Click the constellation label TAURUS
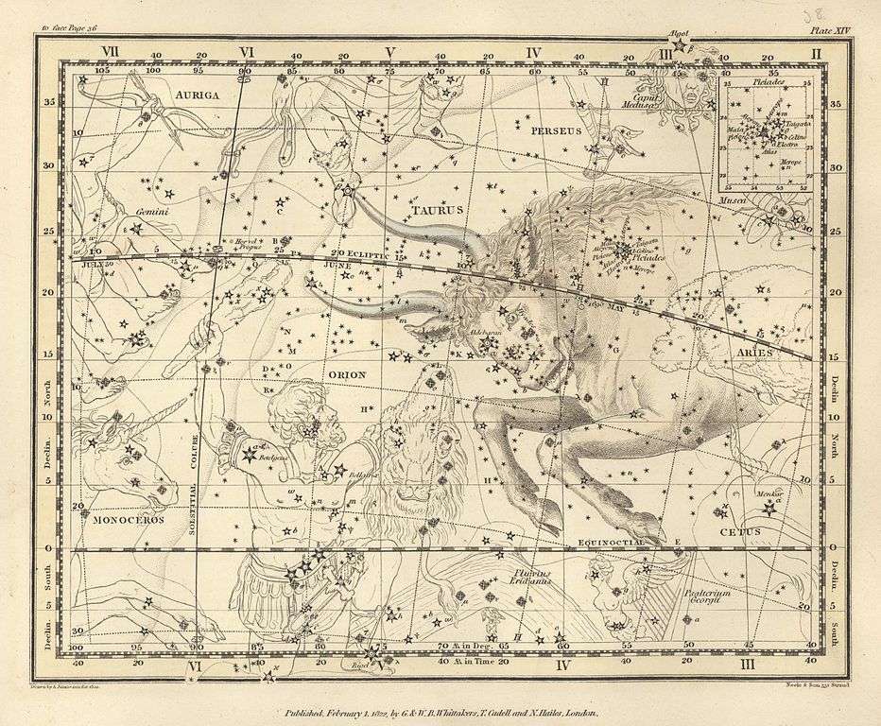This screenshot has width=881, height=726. [437, 210]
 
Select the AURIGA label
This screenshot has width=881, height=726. [197, 95]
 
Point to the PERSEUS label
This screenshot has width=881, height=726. [556, 130]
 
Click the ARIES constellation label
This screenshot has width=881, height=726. [752, 353]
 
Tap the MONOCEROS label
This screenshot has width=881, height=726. [129, 519]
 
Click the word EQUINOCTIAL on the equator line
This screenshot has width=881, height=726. [607, 542]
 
